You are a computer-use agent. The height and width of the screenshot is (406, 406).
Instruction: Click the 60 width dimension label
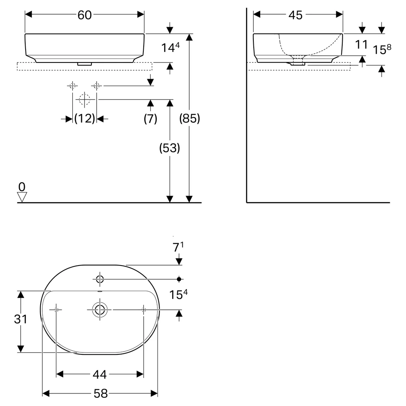[x=85, y=15]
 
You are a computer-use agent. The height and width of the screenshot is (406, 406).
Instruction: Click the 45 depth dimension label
[x=296, y=15]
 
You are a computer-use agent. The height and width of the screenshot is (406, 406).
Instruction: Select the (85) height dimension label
[x=190, y=119]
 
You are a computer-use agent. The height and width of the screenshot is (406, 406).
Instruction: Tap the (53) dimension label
[x=170, y=148]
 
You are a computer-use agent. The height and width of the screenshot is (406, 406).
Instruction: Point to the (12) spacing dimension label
[x=85, y=119]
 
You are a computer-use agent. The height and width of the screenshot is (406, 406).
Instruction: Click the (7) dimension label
[x=151, y=119]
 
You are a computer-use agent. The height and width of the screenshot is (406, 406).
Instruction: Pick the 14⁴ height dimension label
[x=171, y=48]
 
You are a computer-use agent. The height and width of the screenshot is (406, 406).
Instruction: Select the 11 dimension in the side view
[x=361, y=45]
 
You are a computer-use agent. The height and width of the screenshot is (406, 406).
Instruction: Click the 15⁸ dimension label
[x=382, y=49]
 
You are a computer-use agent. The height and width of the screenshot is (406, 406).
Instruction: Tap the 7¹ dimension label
[x=178, y=247]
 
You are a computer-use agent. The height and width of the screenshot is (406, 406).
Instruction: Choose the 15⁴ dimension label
[x=178, y=294]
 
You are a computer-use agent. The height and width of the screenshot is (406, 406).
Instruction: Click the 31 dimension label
[x=20, y=319]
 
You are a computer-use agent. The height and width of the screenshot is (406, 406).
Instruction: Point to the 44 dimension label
[x=100, y=374]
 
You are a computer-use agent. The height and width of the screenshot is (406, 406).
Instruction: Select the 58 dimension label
[x=101, y=393]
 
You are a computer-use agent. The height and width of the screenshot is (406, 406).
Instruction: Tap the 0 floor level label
[x=22, y=187]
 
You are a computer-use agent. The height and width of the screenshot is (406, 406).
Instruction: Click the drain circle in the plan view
[x=100, y=309]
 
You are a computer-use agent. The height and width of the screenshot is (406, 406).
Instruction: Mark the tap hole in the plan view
[x=100, y=279]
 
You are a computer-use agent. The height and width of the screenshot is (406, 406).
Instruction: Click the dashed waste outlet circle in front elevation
[x=84, y=99]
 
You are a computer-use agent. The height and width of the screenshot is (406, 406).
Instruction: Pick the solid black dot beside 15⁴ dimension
[x=179, y=279]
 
